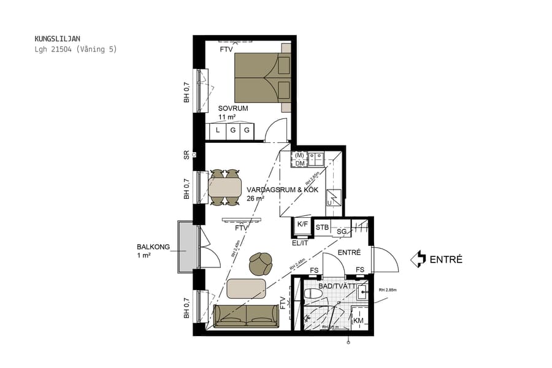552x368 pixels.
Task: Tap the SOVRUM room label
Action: point(233,109)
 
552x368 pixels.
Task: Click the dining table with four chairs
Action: point(224,187)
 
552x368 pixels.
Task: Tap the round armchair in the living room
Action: point(261,264)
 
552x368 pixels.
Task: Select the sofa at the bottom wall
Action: point(246,315)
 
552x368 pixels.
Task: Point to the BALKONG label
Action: point(152,248)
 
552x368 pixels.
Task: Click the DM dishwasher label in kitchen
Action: point(299,163)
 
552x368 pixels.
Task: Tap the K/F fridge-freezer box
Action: point(302,225)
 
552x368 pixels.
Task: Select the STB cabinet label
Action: point(322,228)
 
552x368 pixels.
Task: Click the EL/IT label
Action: point(300,243)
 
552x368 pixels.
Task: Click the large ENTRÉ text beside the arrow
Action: point(446,259)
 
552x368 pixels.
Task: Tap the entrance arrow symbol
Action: point(418,259)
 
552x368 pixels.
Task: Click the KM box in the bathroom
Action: point(358,321)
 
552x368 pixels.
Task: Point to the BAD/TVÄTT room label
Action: point(336,286)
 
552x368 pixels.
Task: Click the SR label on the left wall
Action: point(186,155)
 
